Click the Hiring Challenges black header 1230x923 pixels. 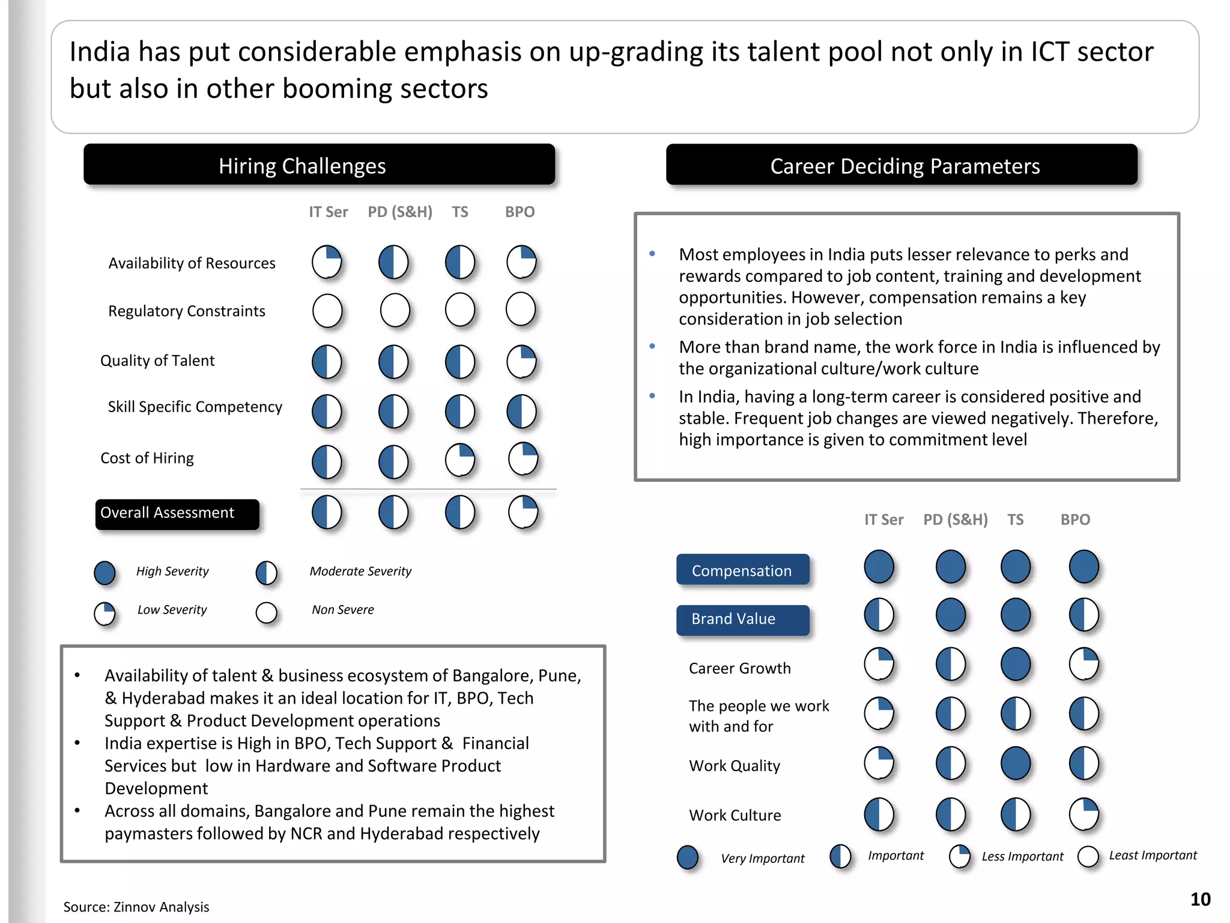(319, 165)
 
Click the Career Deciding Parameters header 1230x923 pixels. (901, 165)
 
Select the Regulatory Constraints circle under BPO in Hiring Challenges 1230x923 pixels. (520, 309)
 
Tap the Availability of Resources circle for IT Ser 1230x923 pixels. (327, 262)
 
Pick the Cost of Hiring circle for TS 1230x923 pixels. (460, 460)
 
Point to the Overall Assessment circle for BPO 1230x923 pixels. (523, 513)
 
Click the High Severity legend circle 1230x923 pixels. (105, 573)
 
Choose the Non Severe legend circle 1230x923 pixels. (266, 612)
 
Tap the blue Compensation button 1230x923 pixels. (742, 570)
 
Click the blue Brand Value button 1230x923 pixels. (742, 620)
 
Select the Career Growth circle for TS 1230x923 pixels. (1016, 665)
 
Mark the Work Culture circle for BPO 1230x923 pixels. (1084, 814)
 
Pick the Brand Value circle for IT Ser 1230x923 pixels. (879, 615)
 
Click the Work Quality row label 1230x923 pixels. (735, 766)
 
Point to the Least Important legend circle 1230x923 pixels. (1088, 857)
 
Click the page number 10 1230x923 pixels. (1200, 899)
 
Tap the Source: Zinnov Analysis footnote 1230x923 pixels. (136, 907)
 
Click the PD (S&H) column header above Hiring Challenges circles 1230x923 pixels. (400, 212)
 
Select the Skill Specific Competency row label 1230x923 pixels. (195, 407)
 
